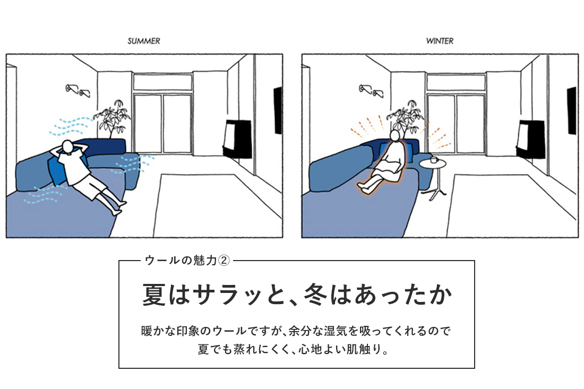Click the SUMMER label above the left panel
tap(143, 41)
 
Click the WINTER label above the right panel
tap(440, 41)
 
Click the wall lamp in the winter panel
tap(373, 91)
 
